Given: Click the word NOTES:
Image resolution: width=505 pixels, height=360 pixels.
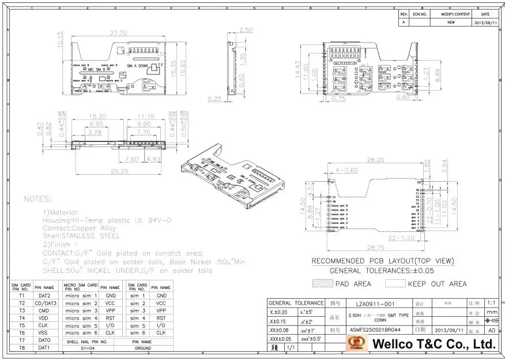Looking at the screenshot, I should [37, 198].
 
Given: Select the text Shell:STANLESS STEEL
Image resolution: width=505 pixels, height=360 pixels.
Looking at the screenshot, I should [81, 236].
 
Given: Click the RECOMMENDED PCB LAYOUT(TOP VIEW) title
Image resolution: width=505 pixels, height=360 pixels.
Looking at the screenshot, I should [383, 261].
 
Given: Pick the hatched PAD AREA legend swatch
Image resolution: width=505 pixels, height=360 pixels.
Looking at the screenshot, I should [323, 283].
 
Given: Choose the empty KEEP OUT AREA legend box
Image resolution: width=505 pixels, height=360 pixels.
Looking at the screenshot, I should [395, 283].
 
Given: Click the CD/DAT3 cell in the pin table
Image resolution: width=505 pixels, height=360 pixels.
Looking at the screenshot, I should [46, 303].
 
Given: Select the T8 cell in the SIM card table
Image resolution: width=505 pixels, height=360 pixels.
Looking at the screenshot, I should [22, 348].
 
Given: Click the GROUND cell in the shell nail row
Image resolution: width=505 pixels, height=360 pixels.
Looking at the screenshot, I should [143, 348].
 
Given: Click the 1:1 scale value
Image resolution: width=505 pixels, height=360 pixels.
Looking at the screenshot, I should [491, 303].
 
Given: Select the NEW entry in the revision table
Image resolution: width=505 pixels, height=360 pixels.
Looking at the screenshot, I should [451, 22].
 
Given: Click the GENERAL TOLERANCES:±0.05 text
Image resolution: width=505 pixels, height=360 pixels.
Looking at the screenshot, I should [382, 271].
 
